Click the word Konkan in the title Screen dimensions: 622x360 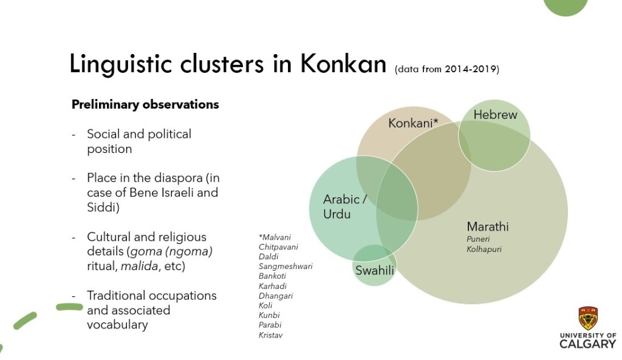pyautogui.click(x=343, y=64)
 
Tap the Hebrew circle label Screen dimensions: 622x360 pyautogui.click(x=495, y=115)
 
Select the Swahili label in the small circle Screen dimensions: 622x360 pyautogui.click(x=374, y=270)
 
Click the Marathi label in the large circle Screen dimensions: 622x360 pyautogui.click(x=488, y=226)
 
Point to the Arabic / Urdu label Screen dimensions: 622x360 pyautogui.click(x=345, y=206)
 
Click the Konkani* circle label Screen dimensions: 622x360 pyautogui.click(x=413, y=123)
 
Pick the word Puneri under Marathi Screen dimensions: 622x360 pyautogui.click(x=478, y=239)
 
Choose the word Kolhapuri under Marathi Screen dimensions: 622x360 pyautogui.click(x=484, y=250)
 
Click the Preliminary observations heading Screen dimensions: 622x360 pyautogui.click(x=145, y=104)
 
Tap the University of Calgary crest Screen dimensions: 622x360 pyautogui.click(x=588, y=318)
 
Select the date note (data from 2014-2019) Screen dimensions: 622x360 pyautogui.click(x=446, y=69)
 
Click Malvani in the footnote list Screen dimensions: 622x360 pyautogui.click(x=275, y=237)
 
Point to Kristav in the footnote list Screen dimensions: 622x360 pyautogui.click(x=270, y=335)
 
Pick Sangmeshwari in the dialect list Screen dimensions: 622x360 pyautogui.click(x=285, y=267)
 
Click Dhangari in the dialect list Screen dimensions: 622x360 pyautogui.click(x=276, y=296)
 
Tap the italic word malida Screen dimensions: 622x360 pyautogui.click(x=139, y=266)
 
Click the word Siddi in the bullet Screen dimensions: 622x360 pyautogui.click(x=103, y=208)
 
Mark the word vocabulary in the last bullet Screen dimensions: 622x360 pyautogui.click(x=117, y=325)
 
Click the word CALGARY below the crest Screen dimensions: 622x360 pyautogui.click(x=587, y=344)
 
